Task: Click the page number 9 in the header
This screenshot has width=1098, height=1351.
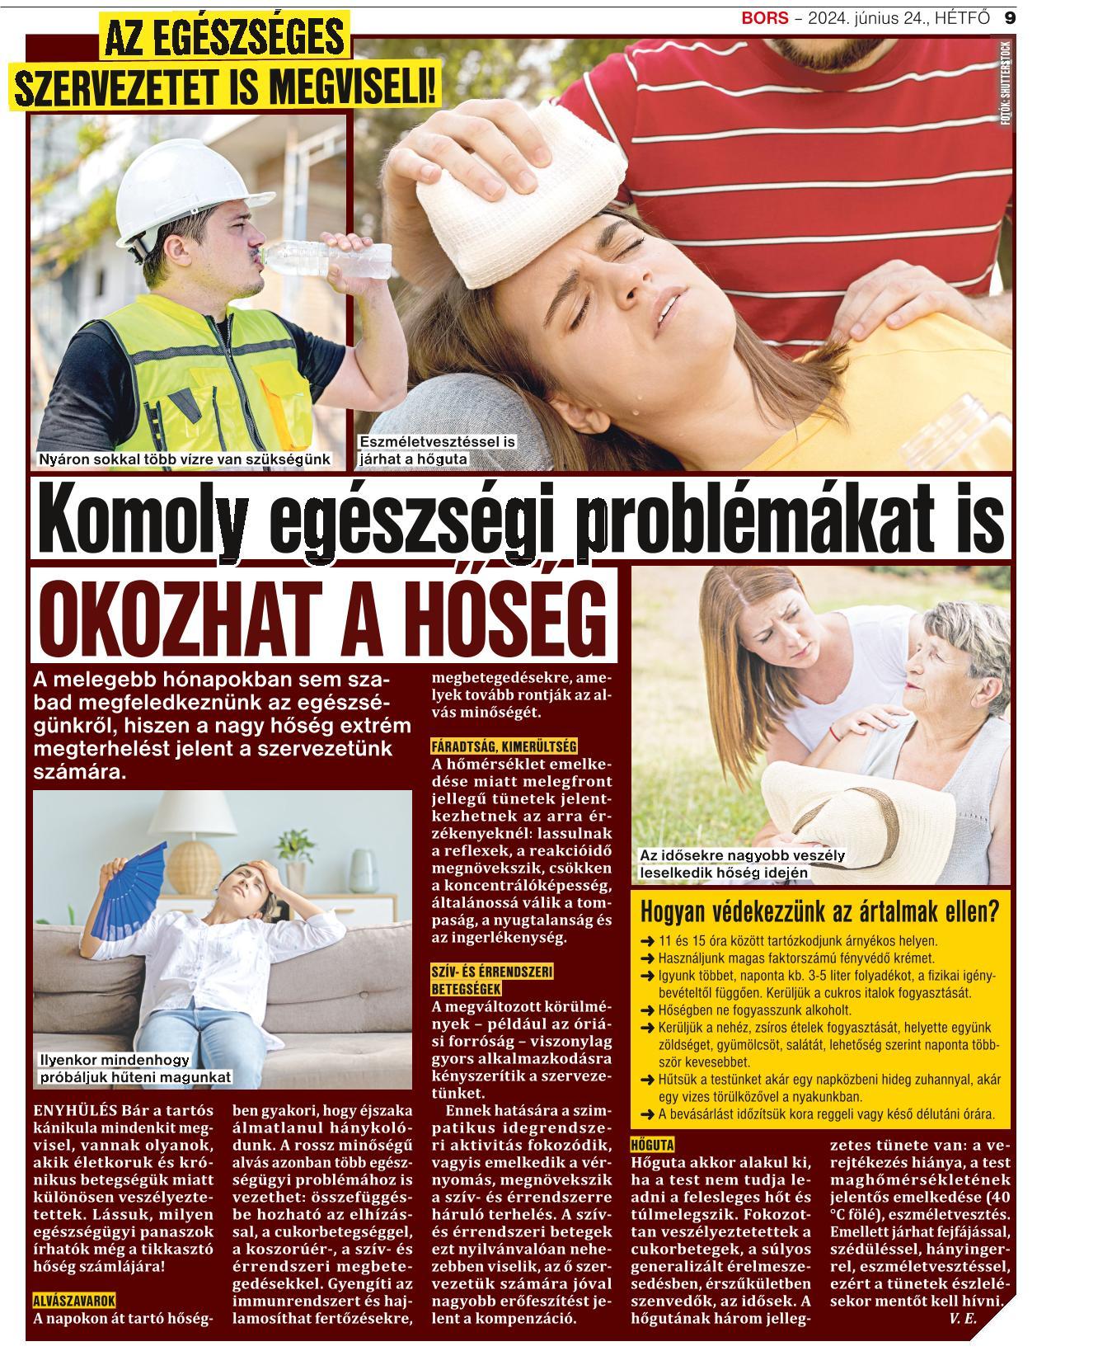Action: click(x=1010, y=17)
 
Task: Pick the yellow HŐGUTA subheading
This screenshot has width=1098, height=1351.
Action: click(x=652, y=1145)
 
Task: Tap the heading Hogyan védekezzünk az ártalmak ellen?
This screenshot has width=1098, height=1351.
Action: click(x=819, y=913)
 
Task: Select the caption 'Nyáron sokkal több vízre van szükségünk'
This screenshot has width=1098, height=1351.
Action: click(x=185, y=459)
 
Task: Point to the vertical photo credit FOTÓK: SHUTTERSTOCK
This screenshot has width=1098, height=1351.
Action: click(x=1004, y=82)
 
